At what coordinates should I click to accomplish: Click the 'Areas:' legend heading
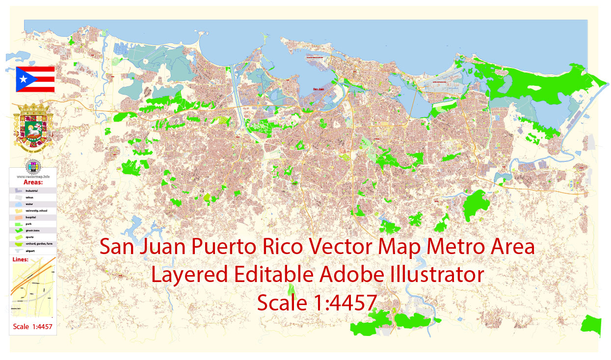coord(33,182)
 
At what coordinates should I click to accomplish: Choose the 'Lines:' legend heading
coord(20,259)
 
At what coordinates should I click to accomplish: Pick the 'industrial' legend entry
coord(32,190)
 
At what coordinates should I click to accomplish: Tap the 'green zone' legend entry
coord(32,230)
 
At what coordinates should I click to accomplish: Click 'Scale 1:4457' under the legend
coord(33,326)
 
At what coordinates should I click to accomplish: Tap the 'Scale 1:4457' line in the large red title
coord(317,303)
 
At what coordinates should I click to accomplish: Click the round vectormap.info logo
coord(33,166)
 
